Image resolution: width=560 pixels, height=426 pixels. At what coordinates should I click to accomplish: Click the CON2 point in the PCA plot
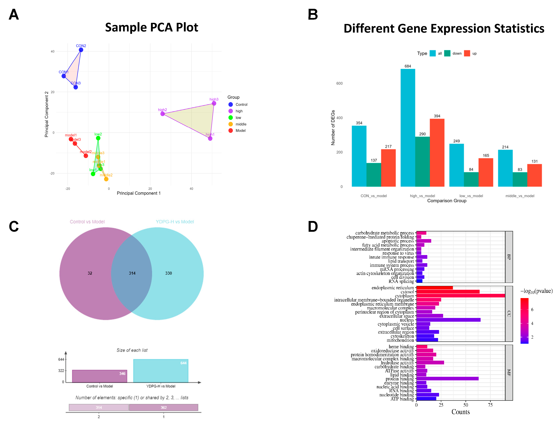coord(81,50)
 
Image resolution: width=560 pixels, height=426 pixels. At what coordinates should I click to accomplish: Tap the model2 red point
coord(86,156)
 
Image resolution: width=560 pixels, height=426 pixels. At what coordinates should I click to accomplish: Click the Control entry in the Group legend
coord(241,104)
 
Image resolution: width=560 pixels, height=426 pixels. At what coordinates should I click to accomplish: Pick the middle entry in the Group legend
coord(241,124)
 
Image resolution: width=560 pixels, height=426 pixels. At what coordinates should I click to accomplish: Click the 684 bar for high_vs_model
coord(408,127)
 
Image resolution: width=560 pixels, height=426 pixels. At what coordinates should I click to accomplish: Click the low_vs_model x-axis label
coord(471,196)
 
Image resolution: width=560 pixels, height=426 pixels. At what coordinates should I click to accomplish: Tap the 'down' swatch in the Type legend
coord(447,53)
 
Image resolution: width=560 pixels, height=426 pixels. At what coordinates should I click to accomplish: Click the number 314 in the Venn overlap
coord(132,273)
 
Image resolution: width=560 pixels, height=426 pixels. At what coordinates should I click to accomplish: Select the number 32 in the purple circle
coord(90,273)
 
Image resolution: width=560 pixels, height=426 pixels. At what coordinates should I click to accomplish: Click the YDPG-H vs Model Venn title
coord(175,222)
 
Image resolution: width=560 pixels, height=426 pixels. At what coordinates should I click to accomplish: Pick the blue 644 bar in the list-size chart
coord(161,371)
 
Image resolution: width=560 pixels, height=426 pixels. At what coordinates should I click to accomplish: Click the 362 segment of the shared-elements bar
coord(164,407)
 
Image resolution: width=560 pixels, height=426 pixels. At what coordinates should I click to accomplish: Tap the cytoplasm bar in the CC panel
coord(460,296)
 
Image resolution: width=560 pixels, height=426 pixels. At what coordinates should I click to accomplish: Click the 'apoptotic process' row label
coord(397,241)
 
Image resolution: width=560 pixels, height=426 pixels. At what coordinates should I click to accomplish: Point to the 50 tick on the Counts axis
coord(466,405)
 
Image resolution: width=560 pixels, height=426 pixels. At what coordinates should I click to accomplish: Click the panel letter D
coord(313,226)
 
